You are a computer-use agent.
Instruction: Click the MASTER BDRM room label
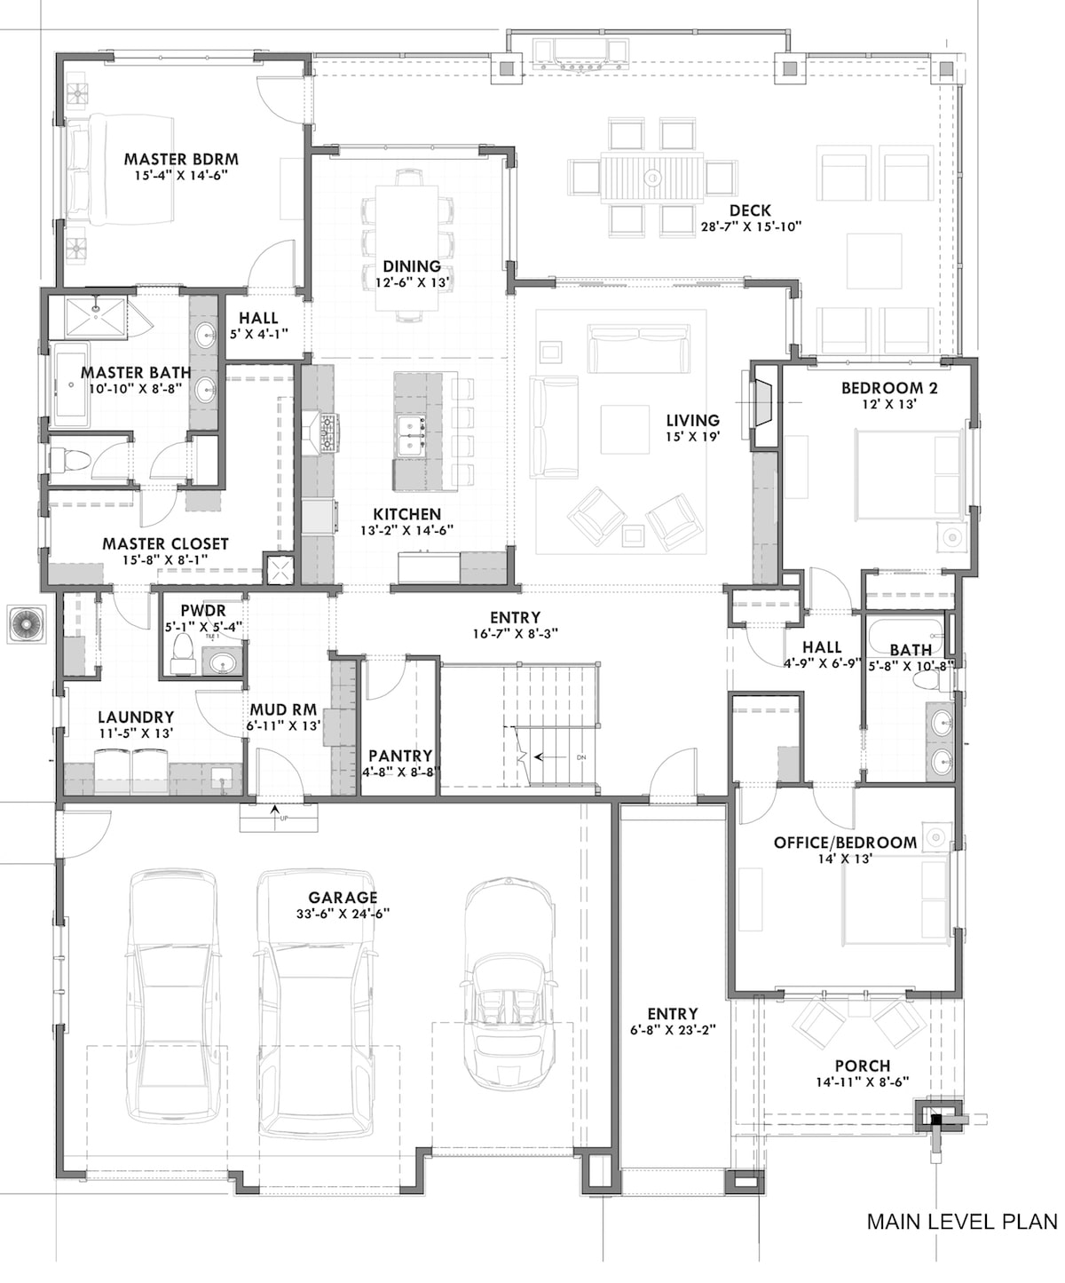coord(181,160)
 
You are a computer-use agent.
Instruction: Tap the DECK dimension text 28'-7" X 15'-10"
coord(750,226)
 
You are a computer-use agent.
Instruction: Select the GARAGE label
coord(343,898)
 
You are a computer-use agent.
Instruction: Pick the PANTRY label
coord(400,756)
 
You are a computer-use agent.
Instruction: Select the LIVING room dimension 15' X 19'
coord(693,436)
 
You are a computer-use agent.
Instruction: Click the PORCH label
coord(862,1065)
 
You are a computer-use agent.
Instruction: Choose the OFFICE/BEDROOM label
coord(845,843)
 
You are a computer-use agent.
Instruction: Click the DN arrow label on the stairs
coord(581,757)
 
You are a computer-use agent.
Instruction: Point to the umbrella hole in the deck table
coord(652,178)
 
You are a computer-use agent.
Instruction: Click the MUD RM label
coord(283,710)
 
